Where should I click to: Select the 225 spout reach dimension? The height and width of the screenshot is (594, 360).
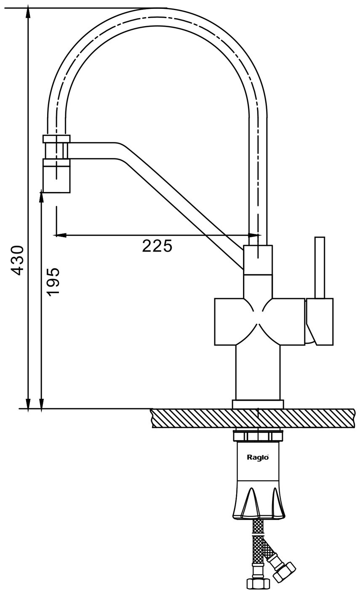coord(157,246)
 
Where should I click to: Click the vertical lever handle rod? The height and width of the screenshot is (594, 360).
coord(320,268)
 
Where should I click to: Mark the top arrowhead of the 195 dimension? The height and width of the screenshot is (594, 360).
coord(41,196)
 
